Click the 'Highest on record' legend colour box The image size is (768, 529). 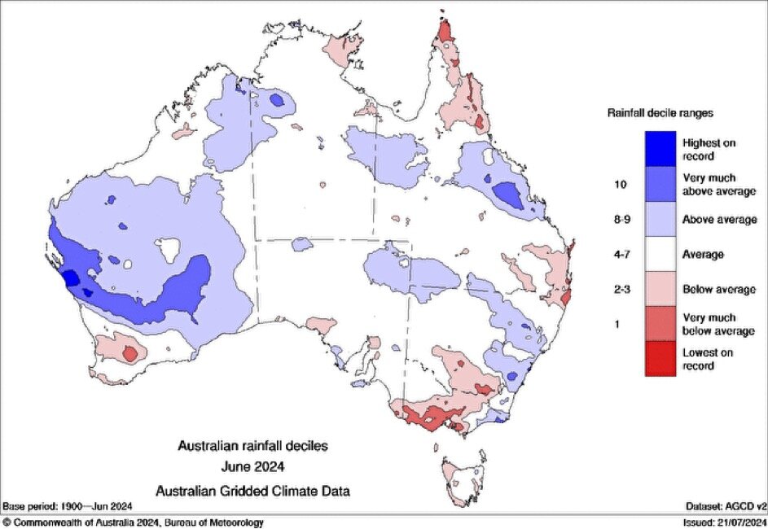coord(660,149)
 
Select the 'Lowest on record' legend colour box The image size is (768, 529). coord(660,359)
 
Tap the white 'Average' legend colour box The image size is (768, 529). coord(660,254)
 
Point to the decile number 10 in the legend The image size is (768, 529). coord(619,185)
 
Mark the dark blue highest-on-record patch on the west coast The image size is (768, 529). coord(71,278)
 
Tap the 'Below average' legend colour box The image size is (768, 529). coord(660,289)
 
